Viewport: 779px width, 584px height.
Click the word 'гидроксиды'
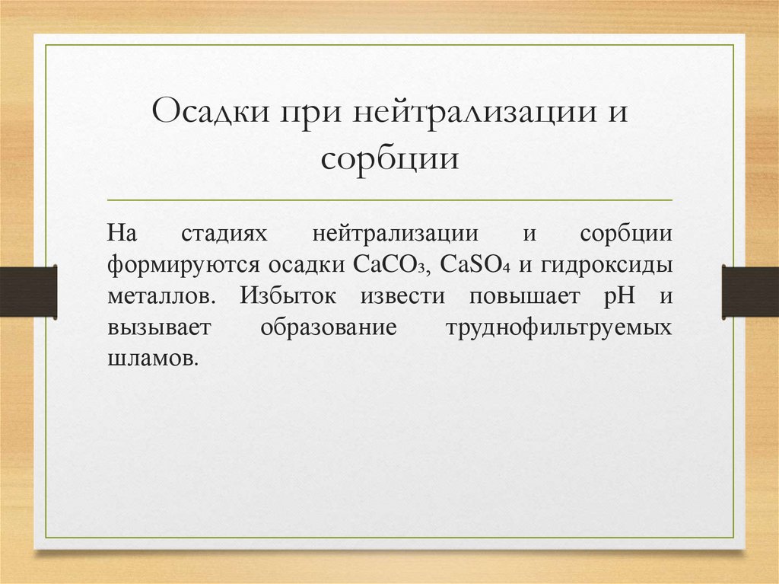[x=608, y=266]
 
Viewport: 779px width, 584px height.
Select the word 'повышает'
[x=529, y=297]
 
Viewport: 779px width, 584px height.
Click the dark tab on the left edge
[x=28, y=291]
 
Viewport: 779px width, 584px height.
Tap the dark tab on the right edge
[x=750, y=291]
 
